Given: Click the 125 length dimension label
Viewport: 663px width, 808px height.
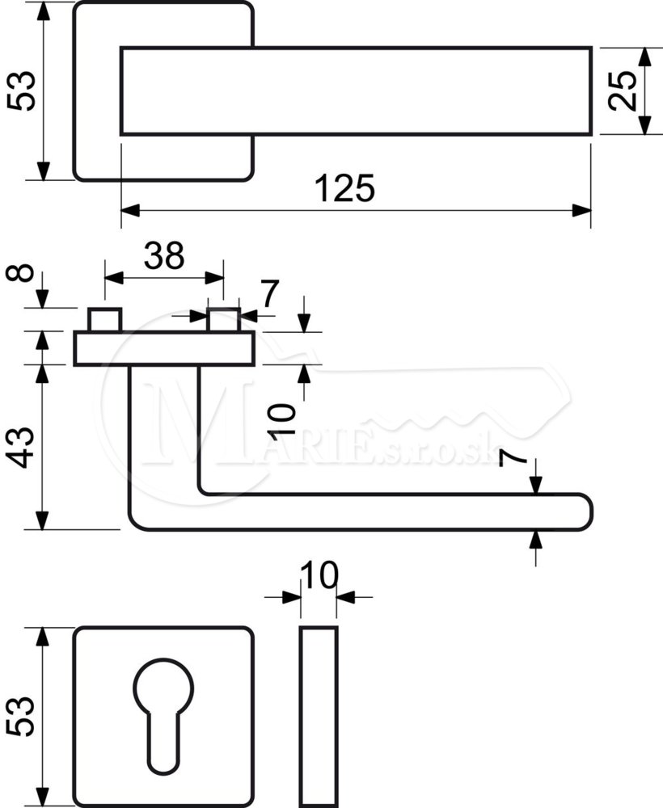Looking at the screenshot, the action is (344, 188).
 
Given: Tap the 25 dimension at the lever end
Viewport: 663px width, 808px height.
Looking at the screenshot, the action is (621, 91).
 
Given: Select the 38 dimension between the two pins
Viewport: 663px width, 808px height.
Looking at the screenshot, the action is (164, 255).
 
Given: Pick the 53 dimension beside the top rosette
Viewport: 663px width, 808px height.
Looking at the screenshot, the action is (22, 90).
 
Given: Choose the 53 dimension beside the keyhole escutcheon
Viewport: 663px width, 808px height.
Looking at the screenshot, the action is (22, 716).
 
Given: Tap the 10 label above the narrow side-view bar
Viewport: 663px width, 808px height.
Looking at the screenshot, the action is (319, 575).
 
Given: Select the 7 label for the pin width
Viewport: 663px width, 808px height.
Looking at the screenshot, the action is (269, 292).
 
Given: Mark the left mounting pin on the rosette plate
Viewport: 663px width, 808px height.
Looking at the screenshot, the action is (104, 320).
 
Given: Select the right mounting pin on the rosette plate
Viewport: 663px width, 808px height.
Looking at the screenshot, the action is (224, 320).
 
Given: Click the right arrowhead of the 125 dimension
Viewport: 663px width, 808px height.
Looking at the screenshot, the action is (581, 210).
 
